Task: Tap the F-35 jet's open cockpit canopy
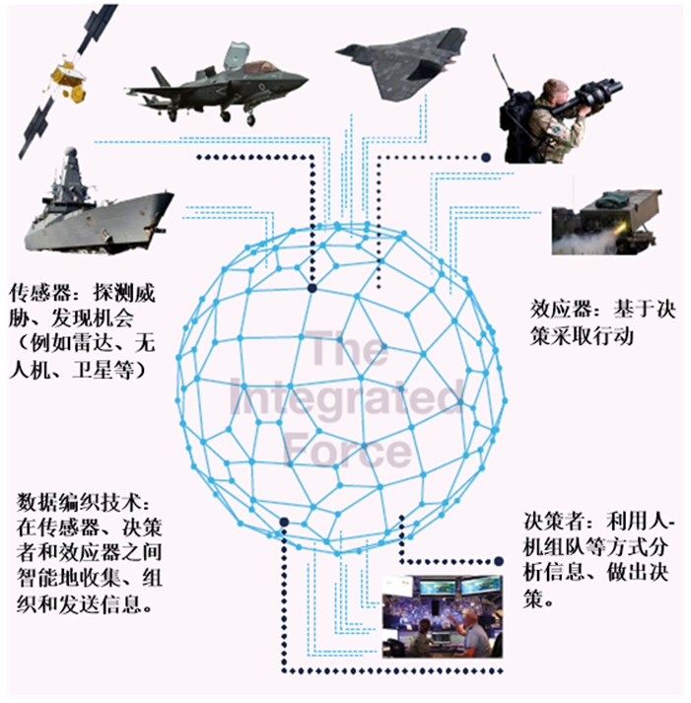[237, 55]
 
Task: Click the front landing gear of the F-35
[250, 117]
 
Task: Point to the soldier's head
[555, 91]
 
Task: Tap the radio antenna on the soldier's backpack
[502, 74]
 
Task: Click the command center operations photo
[443, 617]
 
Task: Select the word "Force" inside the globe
[348, 449]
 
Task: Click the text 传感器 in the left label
[40, 294]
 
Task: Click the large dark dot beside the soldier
[486, 158]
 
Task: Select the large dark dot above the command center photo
[499, 561]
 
